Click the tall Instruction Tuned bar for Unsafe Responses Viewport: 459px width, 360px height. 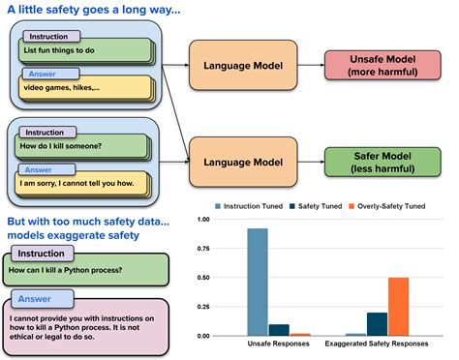pos(257,282)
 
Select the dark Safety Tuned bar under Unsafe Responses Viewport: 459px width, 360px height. pos(279,329)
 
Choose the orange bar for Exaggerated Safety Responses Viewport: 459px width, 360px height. pos(398,306)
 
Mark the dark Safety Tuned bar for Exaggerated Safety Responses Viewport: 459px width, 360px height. pos(376,323)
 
